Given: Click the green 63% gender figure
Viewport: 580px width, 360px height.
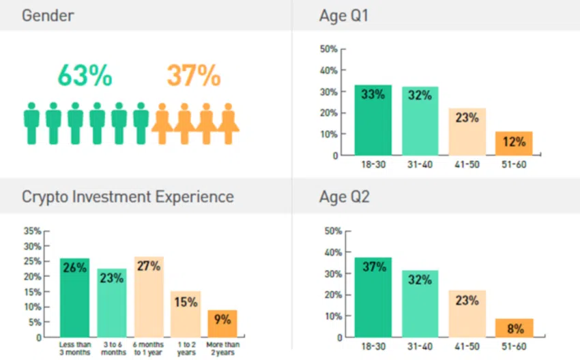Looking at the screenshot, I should [85, 76].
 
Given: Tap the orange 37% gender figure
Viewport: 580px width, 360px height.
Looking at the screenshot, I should [193, 76].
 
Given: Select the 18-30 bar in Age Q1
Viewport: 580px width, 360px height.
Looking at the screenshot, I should [372, 120].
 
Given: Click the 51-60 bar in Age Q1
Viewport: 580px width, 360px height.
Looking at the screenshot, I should [514, 143].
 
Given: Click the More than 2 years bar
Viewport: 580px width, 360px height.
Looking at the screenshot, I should [222, 323].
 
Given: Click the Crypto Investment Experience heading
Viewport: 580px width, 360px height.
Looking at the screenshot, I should [128, 197].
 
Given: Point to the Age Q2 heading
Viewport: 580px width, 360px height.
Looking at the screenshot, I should [344, 197].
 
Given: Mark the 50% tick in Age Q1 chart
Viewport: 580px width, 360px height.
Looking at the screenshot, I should [329, 49].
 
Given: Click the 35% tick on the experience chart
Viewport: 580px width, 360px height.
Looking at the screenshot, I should [32, 230].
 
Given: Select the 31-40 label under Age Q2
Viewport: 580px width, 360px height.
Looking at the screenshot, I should [420, 346].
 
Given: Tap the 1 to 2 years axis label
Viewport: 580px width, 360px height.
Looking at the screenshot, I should [186, 348].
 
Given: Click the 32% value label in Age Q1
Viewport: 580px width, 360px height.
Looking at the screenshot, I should [420, 95].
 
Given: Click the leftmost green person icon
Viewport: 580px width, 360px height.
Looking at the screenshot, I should [31, 123].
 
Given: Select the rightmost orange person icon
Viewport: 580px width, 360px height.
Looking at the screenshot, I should [228, 123].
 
